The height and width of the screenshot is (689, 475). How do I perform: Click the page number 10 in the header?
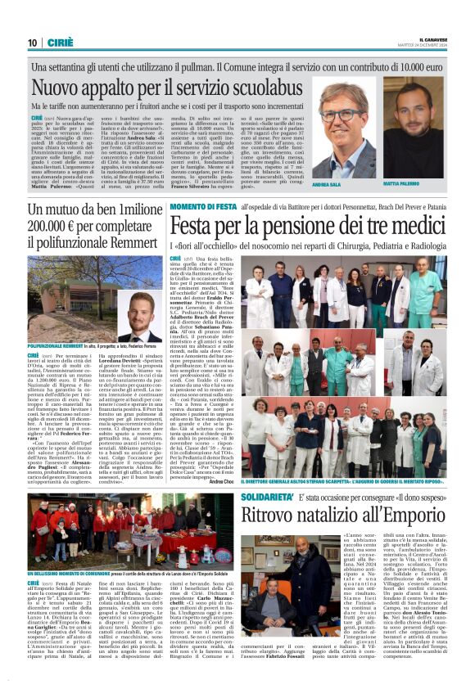(32, 43)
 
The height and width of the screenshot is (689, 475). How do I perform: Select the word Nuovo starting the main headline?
(59, 86)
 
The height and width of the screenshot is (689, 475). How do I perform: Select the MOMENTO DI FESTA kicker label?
(204, 209)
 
